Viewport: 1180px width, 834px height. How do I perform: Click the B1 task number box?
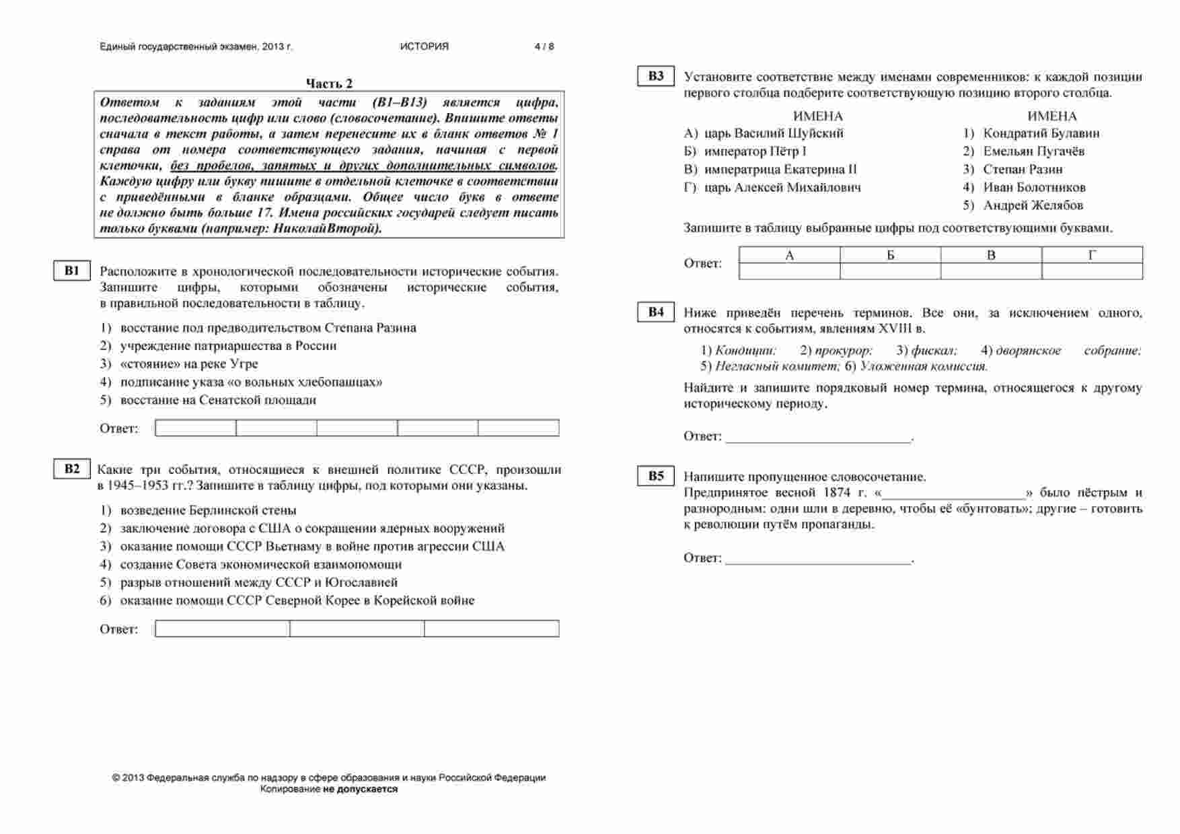click(72, 271)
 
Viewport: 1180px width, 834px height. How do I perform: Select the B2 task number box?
click(72, 469)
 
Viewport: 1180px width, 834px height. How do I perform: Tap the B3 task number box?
click(656, 76)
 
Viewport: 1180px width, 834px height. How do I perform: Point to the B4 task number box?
click(656, 312)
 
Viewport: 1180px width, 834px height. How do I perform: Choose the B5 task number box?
click(656, 476)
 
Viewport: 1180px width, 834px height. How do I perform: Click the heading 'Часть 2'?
click(329, 83)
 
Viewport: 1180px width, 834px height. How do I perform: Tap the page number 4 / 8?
click(544, 46)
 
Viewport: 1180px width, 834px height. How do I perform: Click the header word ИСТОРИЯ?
click(424, 46)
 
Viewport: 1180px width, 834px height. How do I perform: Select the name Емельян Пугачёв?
click(1033, 151)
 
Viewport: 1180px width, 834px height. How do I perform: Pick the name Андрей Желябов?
click(1033, 205)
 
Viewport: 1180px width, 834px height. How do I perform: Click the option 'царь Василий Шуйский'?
click(774, 133)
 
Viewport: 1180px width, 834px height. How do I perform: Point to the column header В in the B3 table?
click(991, 255)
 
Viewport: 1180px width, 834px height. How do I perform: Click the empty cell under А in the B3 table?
click(790, 271)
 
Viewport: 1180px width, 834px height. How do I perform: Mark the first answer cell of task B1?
click(196, 428)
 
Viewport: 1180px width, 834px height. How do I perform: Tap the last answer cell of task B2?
click(492, 629)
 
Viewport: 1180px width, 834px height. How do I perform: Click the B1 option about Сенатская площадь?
click(218, 400)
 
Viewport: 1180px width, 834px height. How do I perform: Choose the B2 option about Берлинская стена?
click(209, 510)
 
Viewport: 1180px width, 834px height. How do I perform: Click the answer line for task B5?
click(818, 558)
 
